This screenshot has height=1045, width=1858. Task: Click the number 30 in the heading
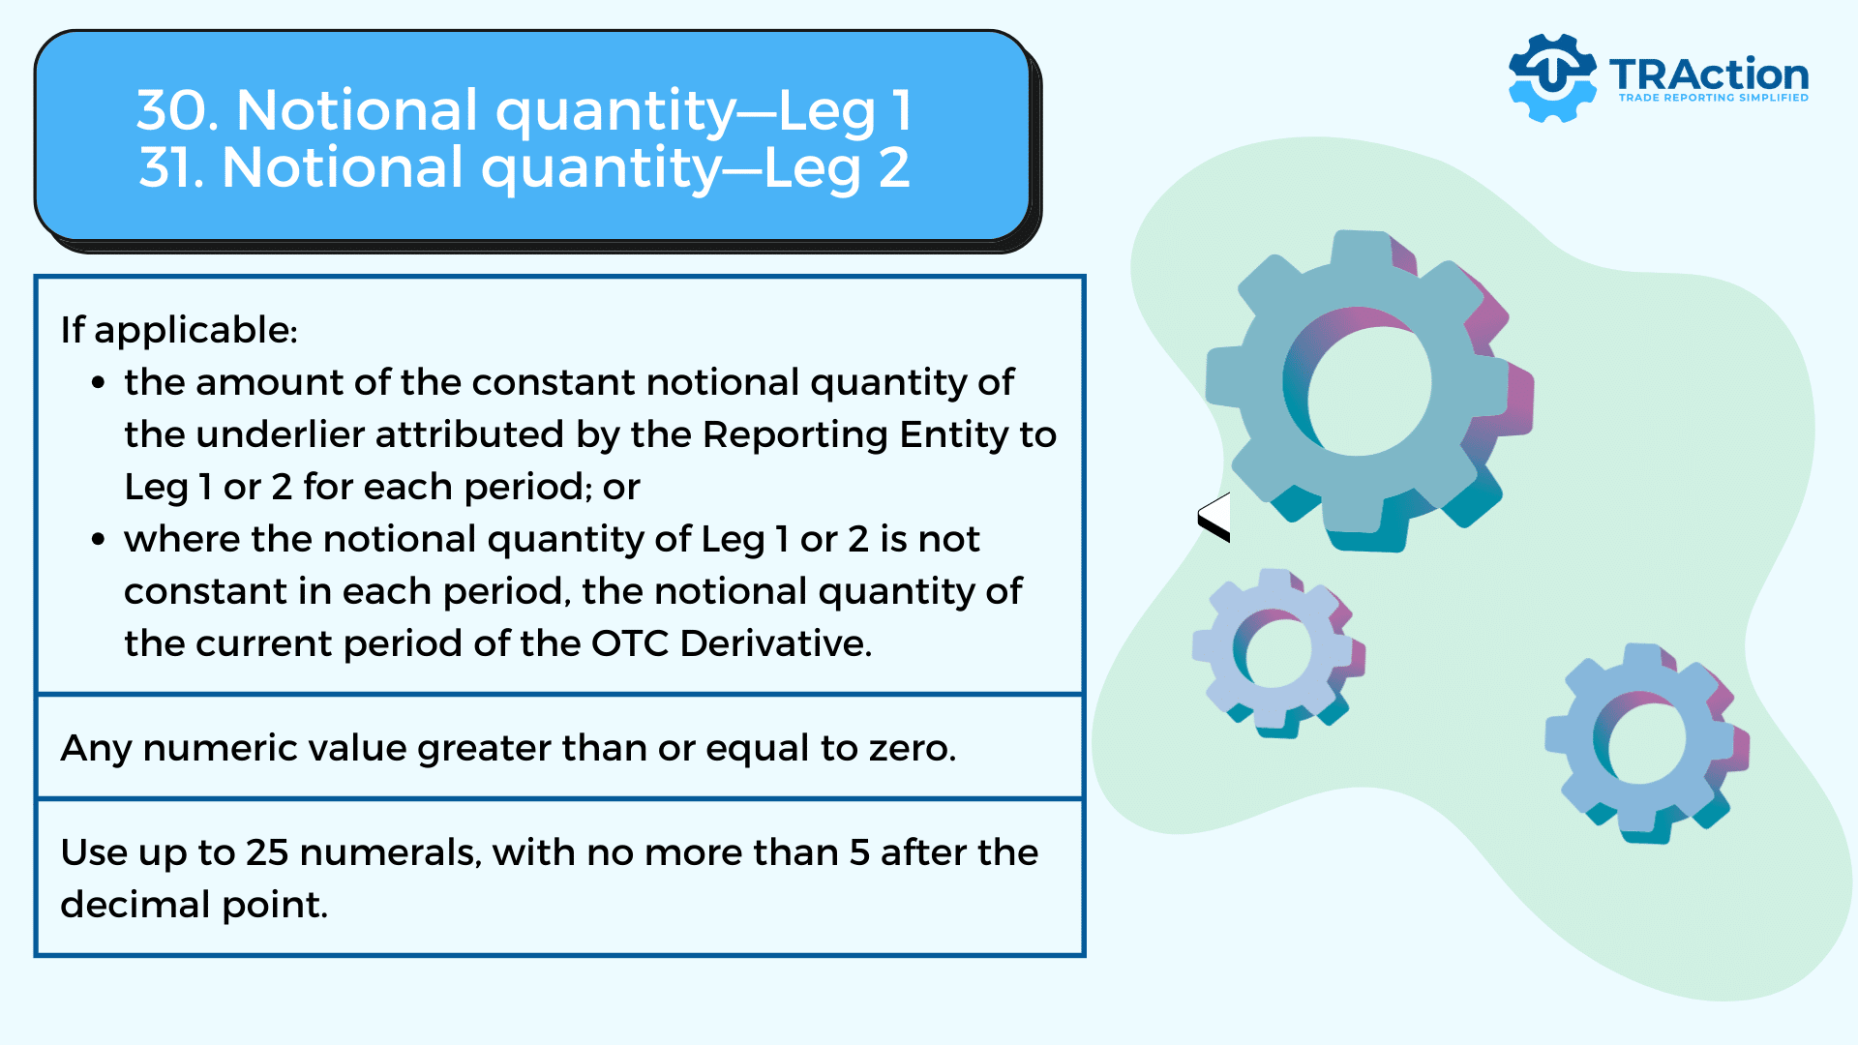pos(170,110)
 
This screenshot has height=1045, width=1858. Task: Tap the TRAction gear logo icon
pos(1552,78)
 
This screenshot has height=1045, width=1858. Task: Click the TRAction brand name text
pos(1709,75)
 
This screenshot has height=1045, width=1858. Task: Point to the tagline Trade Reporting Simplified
pos(1714,98)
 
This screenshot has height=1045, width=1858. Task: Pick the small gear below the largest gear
pos(1277,654)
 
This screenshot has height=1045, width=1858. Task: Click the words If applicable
pos(179,331)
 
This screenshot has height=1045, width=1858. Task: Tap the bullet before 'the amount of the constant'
pos(98,383)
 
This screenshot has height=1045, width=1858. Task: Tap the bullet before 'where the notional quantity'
pos(98,540)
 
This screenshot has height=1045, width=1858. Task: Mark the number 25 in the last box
pos(267,852)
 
